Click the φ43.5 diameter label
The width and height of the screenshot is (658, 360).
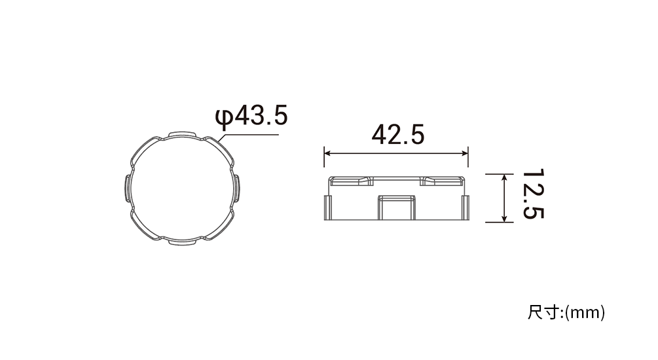coord(251,117)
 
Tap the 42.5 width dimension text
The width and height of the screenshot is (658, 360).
coord(398,134)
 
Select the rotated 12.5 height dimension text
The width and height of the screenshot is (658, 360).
coord(533,194)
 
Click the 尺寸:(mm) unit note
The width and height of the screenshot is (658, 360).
coord(566,313)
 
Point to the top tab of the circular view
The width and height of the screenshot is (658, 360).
coord(182,134)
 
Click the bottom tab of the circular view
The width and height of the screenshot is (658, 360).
coord(182,242)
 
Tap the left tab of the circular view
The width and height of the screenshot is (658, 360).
coord(128,189)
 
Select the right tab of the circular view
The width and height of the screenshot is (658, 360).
coord(236,189)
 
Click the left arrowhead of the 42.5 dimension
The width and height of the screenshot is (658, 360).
coord(327,154)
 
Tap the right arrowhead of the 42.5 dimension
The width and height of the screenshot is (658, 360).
coord(465,154)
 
